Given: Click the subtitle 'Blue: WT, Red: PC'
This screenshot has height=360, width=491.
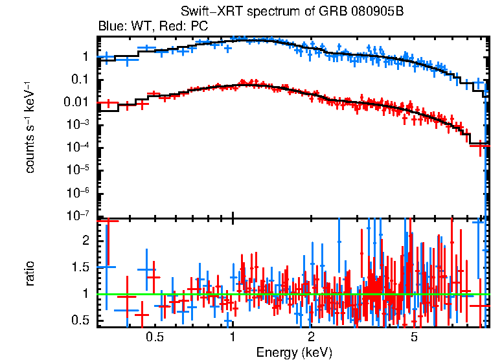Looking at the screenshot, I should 153,27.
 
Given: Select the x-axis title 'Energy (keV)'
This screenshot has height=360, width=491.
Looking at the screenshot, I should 294,352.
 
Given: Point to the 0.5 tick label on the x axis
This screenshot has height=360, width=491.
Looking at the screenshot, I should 154,337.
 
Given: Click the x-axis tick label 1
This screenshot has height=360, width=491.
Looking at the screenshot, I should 233,337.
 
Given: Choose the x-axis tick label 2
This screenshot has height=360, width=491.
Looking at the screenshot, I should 311,337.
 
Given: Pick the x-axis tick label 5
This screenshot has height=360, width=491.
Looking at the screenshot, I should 415,337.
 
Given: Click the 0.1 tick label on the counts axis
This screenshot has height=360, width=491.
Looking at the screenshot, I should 80,80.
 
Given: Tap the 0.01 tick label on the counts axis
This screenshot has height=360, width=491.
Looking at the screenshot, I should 78,102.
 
